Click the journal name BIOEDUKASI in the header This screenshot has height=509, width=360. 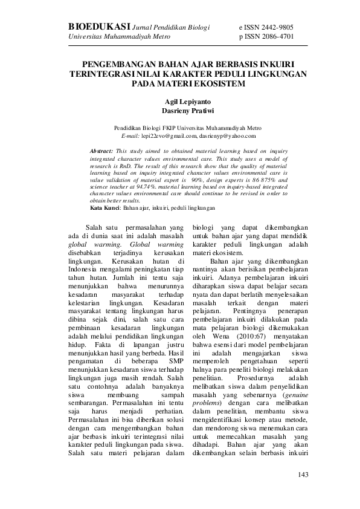click(x=99, y=27)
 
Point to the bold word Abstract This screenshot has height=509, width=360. click(x=101, y=149)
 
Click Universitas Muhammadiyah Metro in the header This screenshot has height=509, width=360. click(x=119, y=36)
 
